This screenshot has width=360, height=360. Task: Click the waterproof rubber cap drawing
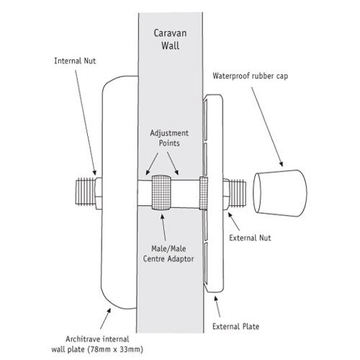[280, 193]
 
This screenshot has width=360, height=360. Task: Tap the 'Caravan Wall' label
[170, 40]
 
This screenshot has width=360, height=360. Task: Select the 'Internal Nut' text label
[75, 61]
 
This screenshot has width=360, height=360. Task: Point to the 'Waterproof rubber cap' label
[251, 76]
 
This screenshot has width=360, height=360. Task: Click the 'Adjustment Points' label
[169, 138]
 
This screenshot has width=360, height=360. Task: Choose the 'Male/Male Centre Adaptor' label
[168, 253]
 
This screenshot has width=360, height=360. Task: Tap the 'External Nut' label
[250, 238]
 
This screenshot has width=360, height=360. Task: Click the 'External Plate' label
[235, 326]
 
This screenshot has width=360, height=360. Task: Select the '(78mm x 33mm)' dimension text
[115, 349]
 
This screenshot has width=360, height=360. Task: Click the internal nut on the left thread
[99, 194]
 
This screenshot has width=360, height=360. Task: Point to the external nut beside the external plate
[226, 194]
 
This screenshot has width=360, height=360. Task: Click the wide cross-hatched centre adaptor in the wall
[161, 193]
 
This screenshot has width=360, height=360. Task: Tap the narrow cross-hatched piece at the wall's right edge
[203, 193]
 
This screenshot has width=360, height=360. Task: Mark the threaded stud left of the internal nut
[86, 192]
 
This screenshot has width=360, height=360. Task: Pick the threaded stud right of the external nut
[238, 194]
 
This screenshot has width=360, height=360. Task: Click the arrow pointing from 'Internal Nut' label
[86, 122]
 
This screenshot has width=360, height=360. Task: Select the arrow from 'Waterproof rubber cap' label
[267, 127]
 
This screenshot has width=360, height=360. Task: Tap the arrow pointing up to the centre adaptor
[163, 228]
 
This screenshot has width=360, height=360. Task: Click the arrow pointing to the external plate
[217, 307]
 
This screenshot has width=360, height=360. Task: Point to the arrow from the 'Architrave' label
[105, 319]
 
